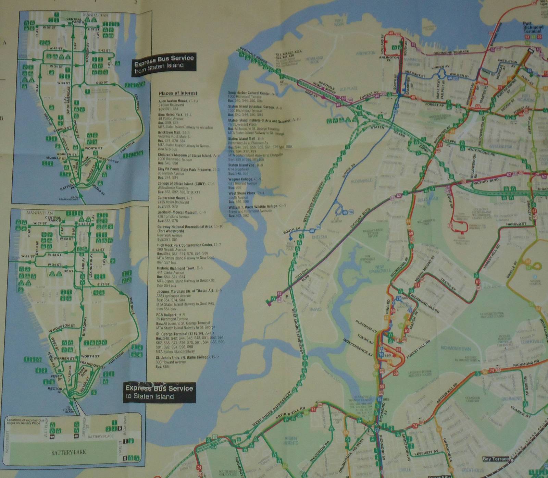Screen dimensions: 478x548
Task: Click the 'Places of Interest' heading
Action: (x=178, y=93)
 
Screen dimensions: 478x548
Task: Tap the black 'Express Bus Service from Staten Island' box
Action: (x=164, y=64)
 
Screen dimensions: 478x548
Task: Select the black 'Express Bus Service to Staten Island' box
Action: (x=159, y=392)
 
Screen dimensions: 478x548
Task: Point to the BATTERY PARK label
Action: (x=68, y=452)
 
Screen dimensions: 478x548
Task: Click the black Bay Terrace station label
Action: (x=495, y=459)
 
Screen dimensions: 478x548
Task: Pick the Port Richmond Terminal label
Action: (x=533, y=27)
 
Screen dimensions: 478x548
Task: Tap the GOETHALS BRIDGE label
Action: (x=251, y=57)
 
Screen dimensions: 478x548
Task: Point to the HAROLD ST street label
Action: (x=516, y=224)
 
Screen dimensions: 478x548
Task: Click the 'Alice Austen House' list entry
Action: (x=173, y=101)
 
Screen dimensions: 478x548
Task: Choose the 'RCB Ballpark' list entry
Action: (x=166, y=315)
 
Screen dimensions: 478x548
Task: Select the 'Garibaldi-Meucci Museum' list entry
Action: (x=177, y=212)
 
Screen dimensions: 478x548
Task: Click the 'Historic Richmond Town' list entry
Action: (x=175, y=268)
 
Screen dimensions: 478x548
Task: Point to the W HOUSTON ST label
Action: (x=62, y=328)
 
